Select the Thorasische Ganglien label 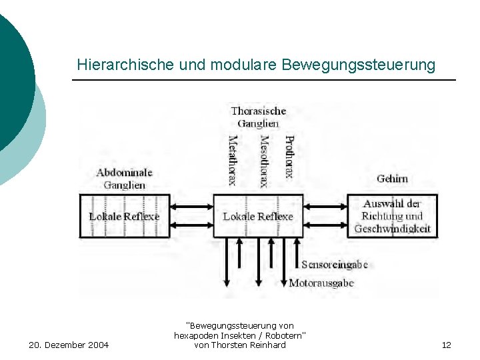coord(258,117)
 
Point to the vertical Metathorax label coord(233,161)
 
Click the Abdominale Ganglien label coord(125,178)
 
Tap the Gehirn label coord(392,179)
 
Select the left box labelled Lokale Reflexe coord(125,216)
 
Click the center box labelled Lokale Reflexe coord(258,216)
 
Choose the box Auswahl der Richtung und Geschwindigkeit coord(392,216)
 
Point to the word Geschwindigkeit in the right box coord(393,229)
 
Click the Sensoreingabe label coord(335,265)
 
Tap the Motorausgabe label coord(321,283)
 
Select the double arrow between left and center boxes coord(191,216)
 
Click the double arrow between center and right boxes coord(325,216)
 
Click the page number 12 coord(446,345)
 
